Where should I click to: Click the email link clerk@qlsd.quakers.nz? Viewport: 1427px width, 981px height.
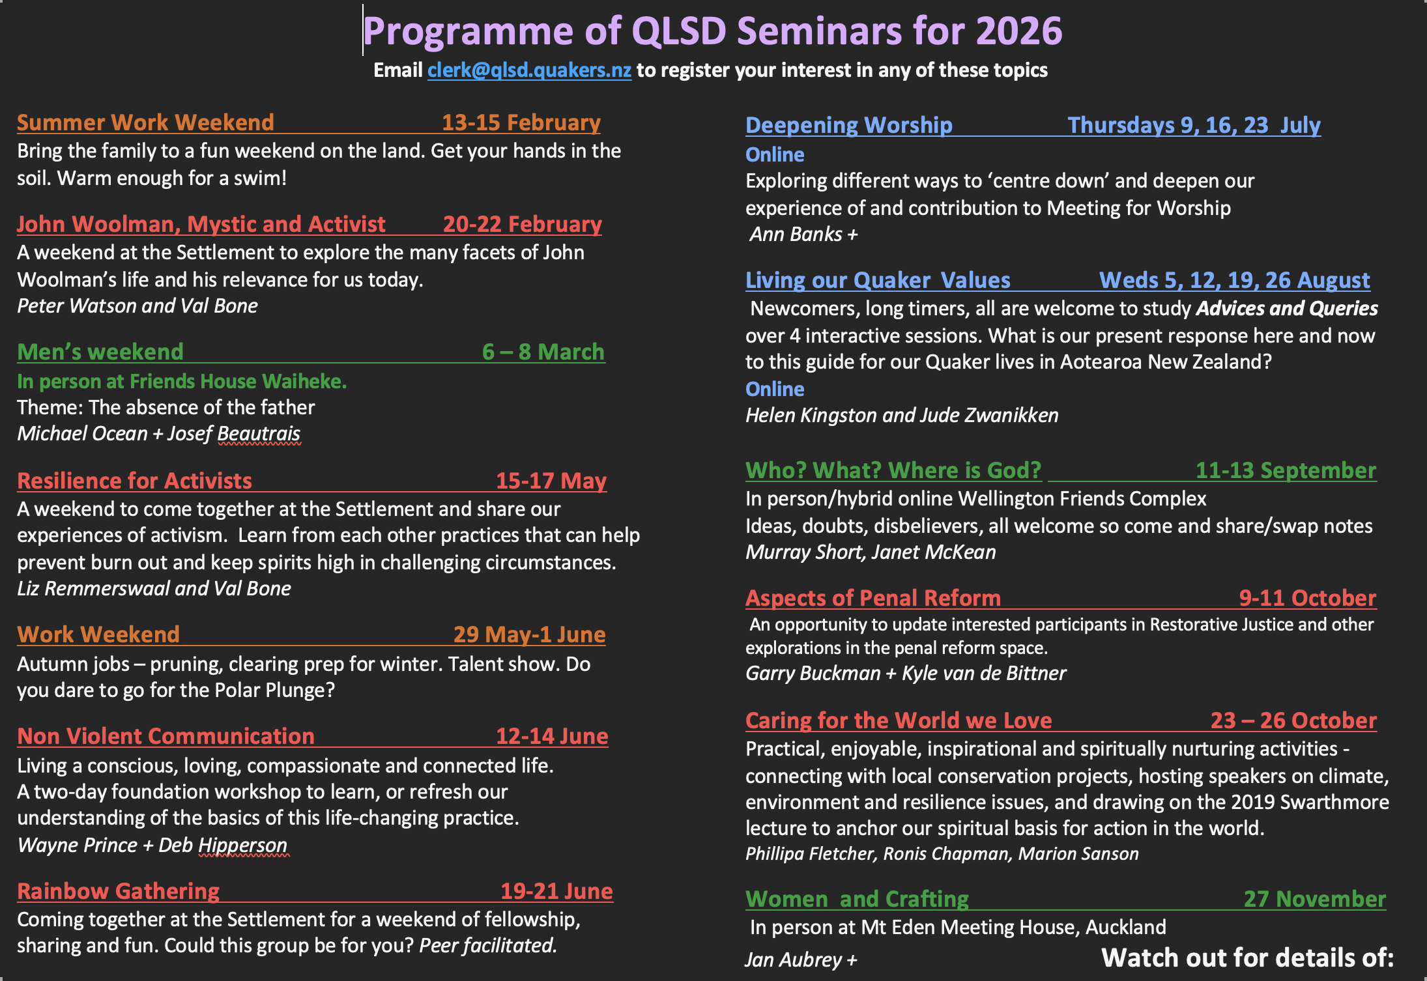[x=529, y=70]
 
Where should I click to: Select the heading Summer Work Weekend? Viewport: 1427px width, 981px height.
[x=145, y=122]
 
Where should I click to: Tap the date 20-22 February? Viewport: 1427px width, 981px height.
[x=523, y=224]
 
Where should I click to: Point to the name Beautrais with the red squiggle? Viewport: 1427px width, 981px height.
[x=259, y=434]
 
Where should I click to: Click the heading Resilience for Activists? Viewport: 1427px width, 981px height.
[x=134, y=481]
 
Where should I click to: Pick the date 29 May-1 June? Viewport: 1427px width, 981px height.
[x=530, y=634]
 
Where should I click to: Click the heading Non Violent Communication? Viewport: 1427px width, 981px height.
[x=166, y=736]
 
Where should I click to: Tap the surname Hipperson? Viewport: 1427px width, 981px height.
[x=242, y=846]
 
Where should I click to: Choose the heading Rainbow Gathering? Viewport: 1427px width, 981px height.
[x=118, y=891]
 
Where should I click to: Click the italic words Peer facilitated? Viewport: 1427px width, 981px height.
[x=488, y=945]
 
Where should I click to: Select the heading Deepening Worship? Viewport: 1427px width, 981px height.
[x=849, y=125]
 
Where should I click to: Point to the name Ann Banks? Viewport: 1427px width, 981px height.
[x=796, y=235]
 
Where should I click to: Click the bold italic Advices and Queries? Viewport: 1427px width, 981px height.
[x=1287, y=309]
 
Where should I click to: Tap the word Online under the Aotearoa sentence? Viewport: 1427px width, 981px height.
[x=775, y=390]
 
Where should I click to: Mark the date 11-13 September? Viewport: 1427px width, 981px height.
[x=1286, y=470]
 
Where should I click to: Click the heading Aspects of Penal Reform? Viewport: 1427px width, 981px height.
[x=873, y=598]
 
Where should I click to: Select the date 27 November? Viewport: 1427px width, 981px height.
[x=1315, y=899]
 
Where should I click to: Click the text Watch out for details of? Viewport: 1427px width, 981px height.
[x=1248, y=958]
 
